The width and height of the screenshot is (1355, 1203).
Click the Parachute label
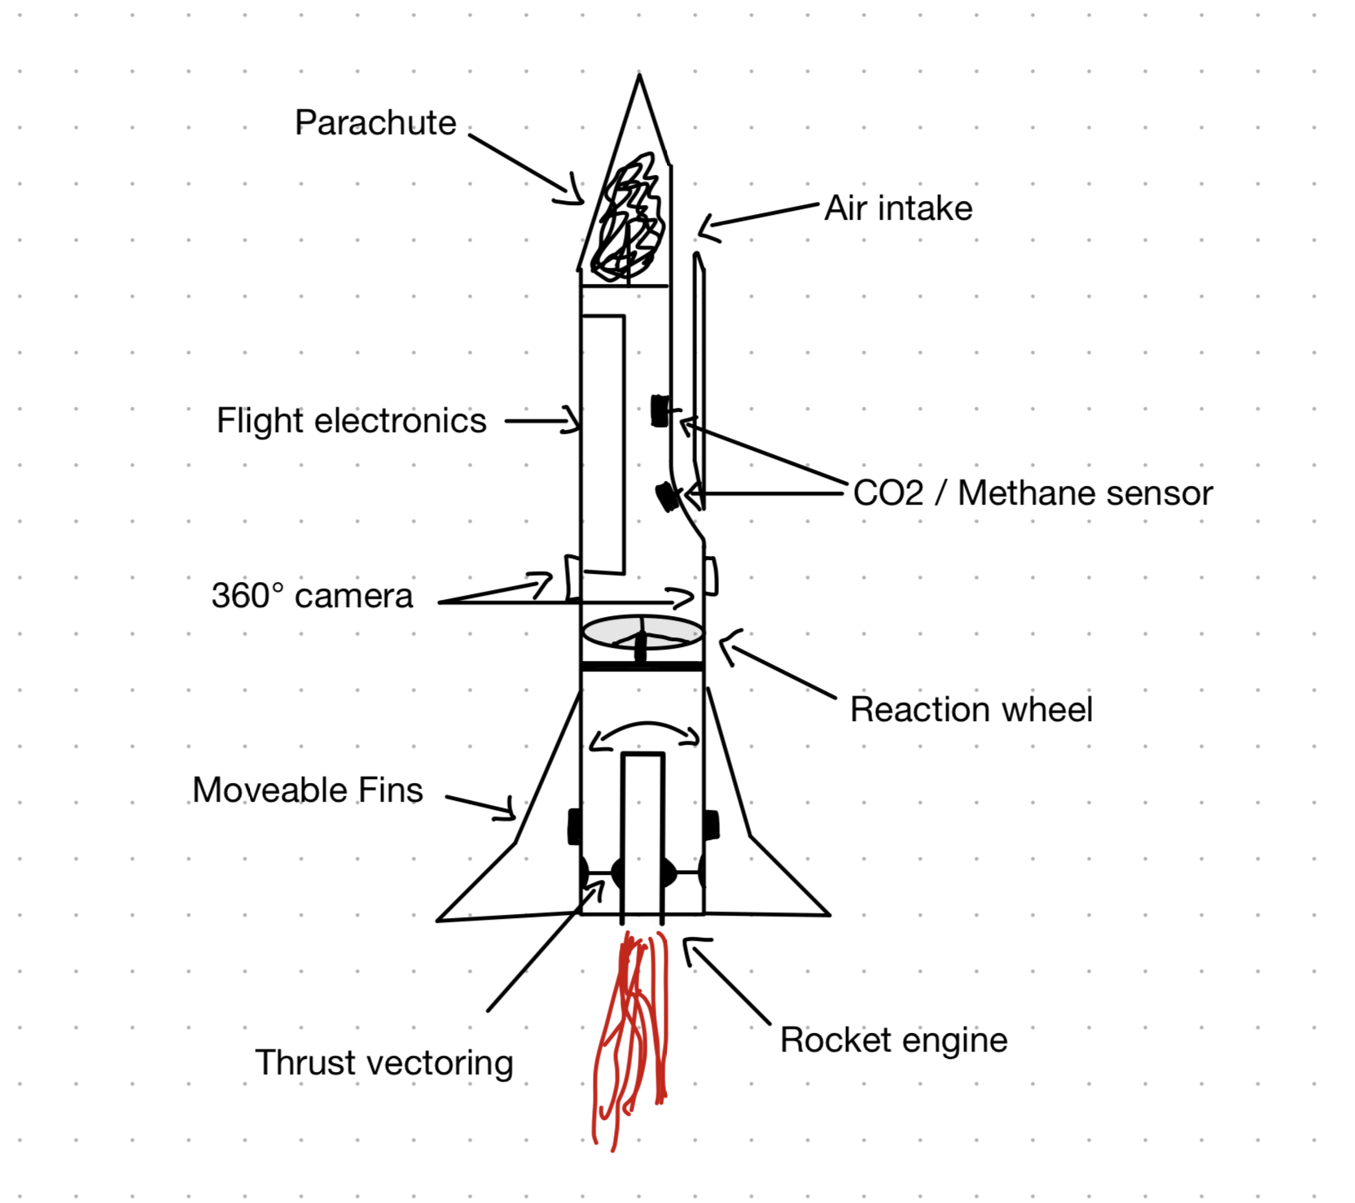(375, 123)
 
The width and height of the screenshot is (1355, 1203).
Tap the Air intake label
(898, 208)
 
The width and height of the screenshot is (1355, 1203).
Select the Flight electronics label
(351, 421)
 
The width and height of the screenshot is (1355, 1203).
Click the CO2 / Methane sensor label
(1033, 493)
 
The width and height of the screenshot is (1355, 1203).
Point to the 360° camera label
(312, 596)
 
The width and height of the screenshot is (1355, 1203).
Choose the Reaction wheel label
(971, 710)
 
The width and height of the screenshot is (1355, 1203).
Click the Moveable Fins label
(308, 790)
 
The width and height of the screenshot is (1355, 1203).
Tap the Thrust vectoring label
(384, 1063)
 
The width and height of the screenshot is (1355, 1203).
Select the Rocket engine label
(893, 1040)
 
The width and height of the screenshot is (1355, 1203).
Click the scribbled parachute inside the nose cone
(629, 218)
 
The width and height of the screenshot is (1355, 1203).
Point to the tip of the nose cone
(639, 77)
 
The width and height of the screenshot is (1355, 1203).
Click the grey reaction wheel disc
(643, 632)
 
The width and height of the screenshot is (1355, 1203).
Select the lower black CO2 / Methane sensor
(668, 496)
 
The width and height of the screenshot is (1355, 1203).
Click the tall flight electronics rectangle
(603, 444)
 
